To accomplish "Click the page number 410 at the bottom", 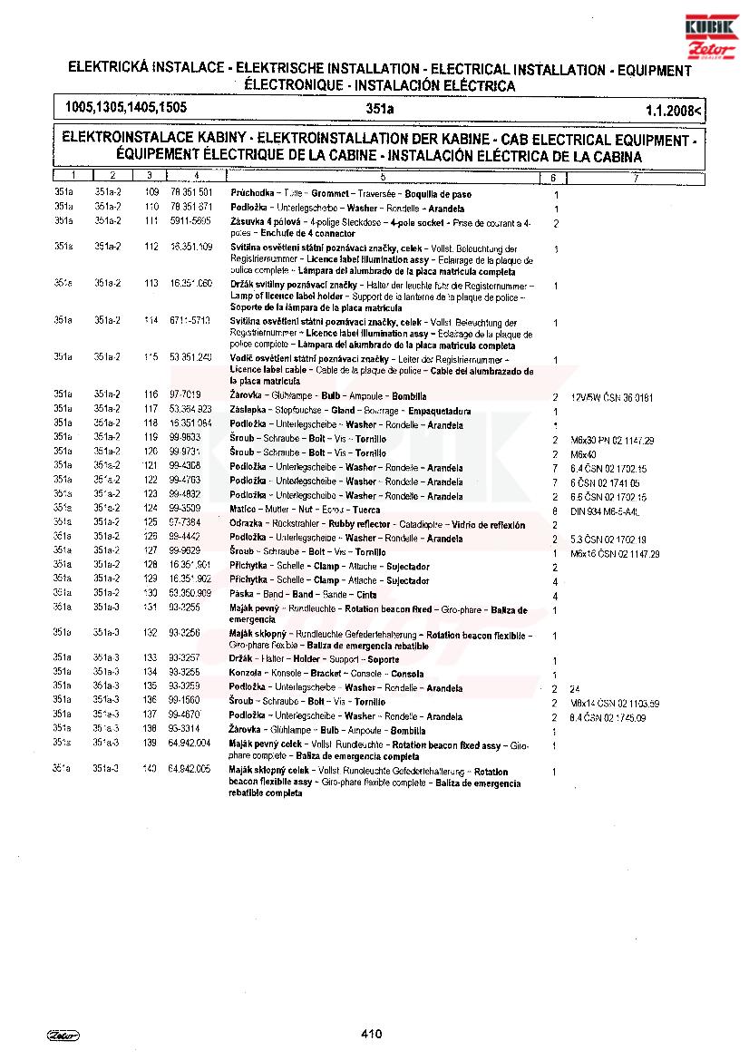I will (371, 1033).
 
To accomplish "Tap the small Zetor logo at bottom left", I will (63, 1034).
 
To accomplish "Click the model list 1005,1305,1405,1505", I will (126, 107).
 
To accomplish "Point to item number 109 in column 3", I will (151, 194).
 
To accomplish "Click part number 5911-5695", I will (190, 222).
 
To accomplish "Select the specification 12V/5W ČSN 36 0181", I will (611, 397).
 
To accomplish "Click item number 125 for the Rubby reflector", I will (151, 524).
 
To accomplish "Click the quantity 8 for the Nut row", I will (554, 511).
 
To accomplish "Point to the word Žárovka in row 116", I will (246, 397).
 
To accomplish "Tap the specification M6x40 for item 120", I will (583, 453).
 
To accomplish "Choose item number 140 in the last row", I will (150, 769).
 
